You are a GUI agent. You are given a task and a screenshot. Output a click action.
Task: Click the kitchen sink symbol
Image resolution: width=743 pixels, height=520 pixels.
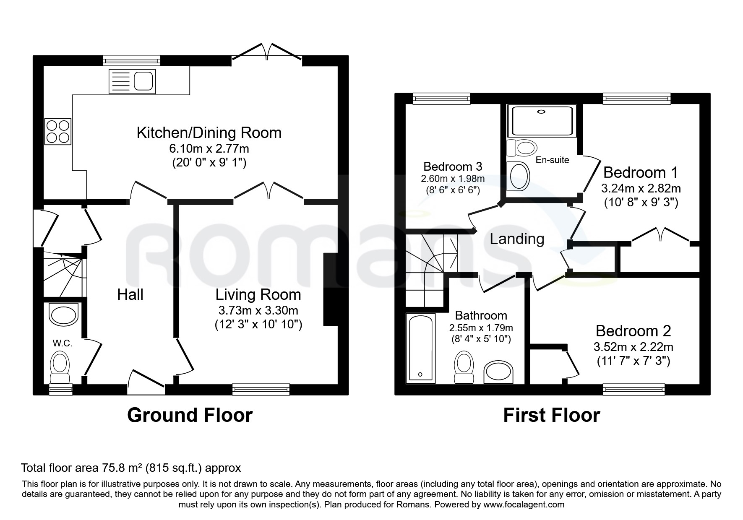click(132, 81)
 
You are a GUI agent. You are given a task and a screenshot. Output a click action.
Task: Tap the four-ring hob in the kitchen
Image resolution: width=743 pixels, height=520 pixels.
click(58, 132)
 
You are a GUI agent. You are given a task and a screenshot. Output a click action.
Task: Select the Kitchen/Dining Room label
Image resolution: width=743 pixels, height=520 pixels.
click(209, 133)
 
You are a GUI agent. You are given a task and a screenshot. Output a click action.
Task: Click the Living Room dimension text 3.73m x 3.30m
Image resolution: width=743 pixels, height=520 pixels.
click(258, 311)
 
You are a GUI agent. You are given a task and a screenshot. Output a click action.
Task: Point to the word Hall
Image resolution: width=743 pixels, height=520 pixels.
click(130, 294)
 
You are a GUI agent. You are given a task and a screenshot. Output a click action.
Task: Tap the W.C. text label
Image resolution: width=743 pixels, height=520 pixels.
click(63, 343)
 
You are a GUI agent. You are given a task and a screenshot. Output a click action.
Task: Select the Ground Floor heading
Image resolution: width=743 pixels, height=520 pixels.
click(190, 415)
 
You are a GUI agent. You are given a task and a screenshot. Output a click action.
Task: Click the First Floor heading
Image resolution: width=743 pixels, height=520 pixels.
click(551, 415)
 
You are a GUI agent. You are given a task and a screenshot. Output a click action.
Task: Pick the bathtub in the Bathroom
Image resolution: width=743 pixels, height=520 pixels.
click(420, 348)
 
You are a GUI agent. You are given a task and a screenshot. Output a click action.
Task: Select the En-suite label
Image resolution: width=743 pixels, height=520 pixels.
click(553, 160)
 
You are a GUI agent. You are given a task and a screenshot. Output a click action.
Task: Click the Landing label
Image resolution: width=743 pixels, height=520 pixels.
click(517, 239)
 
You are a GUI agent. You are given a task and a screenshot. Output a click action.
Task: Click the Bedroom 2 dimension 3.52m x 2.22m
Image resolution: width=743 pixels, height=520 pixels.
click(634, 347)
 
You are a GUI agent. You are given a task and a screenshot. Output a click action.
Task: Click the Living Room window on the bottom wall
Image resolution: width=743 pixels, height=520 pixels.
click(261, 390)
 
